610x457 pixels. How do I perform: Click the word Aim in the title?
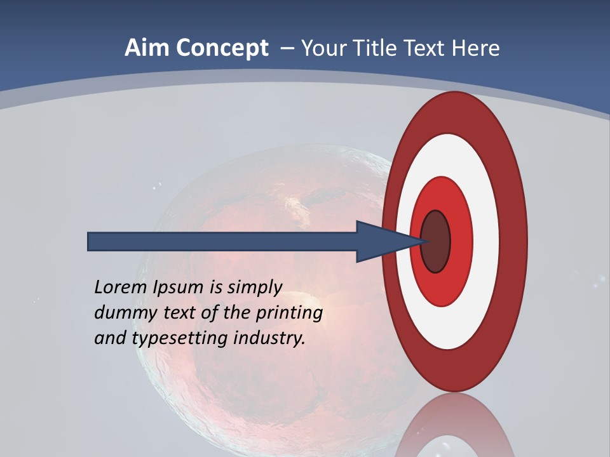[x=148, y=48]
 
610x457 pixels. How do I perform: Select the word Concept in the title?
[x=222, y=49]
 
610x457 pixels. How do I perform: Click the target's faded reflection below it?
[x=454, y=425]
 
